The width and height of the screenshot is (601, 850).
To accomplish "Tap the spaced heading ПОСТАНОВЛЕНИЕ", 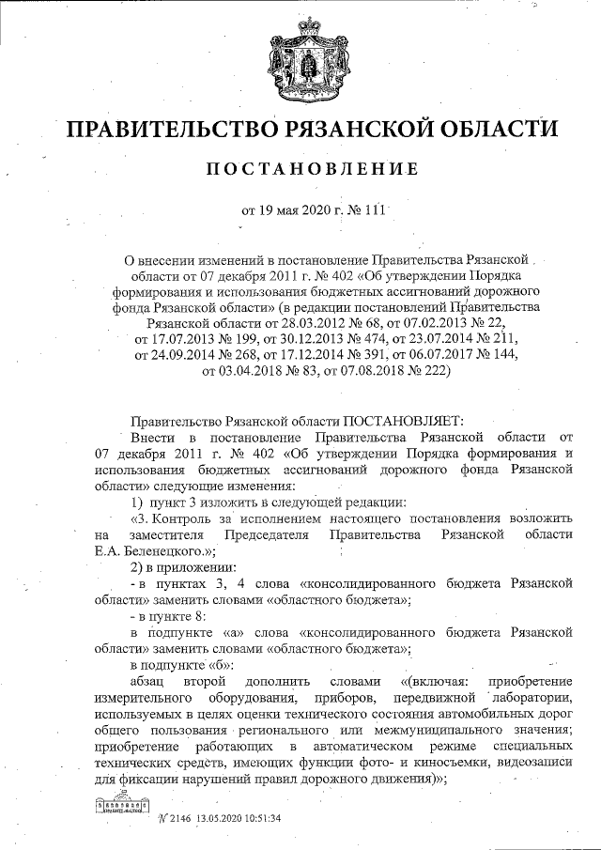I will tap(298, 170).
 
